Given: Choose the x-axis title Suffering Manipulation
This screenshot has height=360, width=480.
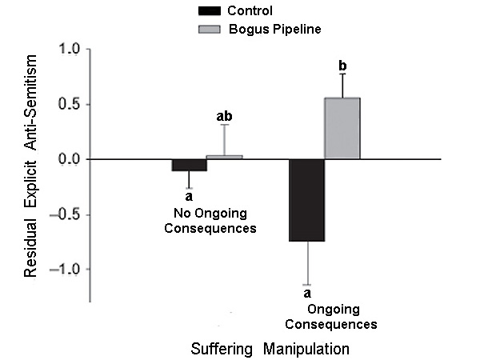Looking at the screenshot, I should click(270, 350).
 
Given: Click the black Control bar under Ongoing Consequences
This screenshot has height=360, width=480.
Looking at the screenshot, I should click(306, 200).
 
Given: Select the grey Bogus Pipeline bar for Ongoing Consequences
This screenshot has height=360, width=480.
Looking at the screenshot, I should click(342, 128).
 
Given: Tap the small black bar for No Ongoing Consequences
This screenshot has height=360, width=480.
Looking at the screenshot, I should click(190, 165).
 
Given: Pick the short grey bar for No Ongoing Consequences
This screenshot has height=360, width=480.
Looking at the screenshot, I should click(225, 157).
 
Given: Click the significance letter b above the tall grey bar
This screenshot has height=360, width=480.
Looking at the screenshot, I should click(342, 64).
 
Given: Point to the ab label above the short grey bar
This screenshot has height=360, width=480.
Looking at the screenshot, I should click(225, 117).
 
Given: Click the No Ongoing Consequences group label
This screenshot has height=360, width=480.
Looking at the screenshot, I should click(214, 220).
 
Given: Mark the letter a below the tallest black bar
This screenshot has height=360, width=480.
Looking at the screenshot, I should click(306, 294).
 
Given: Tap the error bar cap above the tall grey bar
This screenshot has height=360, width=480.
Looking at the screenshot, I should click(342, 74).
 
